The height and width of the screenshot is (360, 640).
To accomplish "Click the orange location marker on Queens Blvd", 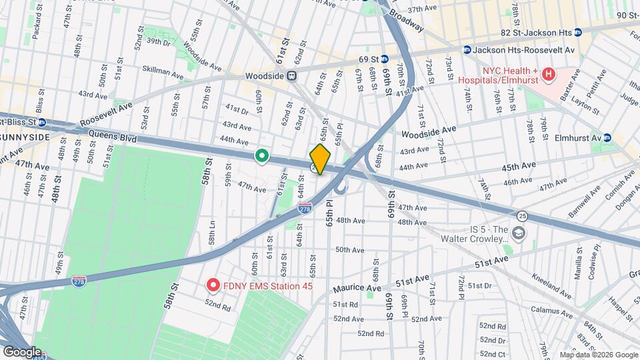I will click(320, 159).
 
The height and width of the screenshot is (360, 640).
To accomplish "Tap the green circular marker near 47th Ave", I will click(262, 157).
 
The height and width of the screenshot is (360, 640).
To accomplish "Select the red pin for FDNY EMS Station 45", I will click(213, 286).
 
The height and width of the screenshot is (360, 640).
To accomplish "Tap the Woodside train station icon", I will click(292, 76).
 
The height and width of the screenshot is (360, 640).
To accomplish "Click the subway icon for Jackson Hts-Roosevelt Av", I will click(467, 50).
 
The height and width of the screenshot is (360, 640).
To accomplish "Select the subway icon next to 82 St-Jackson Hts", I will click(578, 32).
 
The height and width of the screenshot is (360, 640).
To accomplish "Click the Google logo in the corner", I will click(21, 351).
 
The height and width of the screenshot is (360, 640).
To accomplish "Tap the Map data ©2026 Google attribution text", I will click(598, 354).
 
